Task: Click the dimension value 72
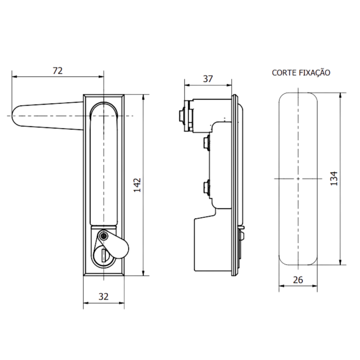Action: tap(58, 71)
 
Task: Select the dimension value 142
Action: tap(137, 185)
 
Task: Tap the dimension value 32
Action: tap(103, 296)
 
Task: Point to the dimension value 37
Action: tap(208, 79)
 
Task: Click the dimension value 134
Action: tap(334, 178)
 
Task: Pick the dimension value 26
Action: tap(298, 280)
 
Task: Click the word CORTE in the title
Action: tap(284, 73)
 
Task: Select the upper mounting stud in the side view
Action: tap(205, 143)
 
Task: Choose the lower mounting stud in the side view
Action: tap(205, 187)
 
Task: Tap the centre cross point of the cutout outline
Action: tap(298, 179)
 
